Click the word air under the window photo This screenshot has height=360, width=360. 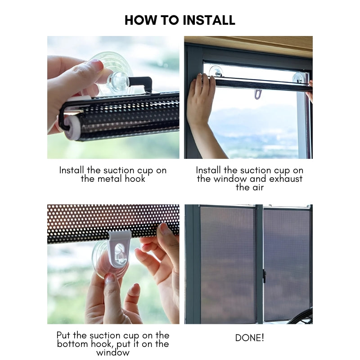tap(256, 187)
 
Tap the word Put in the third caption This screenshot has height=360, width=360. tap(65, 335)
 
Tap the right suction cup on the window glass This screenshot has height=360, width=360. tap(299, 77)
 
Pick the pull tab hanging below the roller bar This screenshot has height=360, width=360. tap(257, 94)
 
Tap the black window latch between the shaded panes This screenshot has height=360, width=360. tap(264, 275)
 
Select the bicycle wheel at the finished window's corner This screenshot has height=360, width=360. tap(301, 317)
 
